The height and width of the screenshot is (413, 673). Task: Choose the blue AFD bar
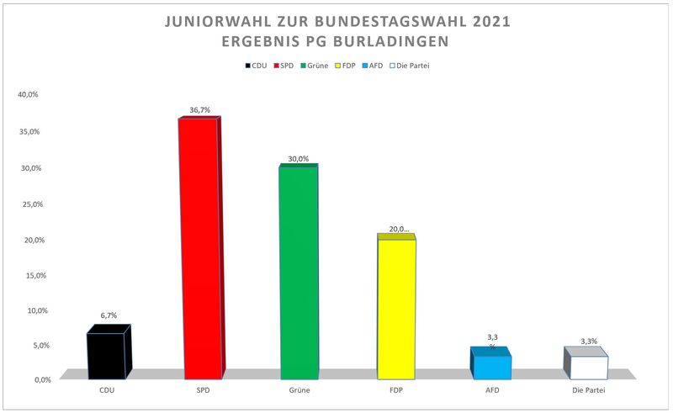(x=491, y=367)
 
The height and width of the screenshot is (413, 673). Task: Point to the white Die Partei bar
(x=587, y=367)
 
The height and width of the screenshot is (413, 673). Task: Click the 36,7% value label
(x=199, y=110)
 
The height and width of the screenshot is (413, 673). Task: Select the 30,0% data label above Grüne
(x=299, y=159)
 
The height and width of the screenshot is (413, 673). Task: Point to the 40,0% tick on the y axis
(x=28, y=94)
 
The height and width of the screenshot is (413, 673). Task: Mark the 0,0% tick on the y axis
(x=30, y=380)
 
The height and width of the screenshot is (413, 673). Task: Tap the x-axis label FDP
(x=395, y=391)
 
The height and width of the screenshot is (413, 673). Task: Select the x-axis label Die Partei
(x=588, y=391)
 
